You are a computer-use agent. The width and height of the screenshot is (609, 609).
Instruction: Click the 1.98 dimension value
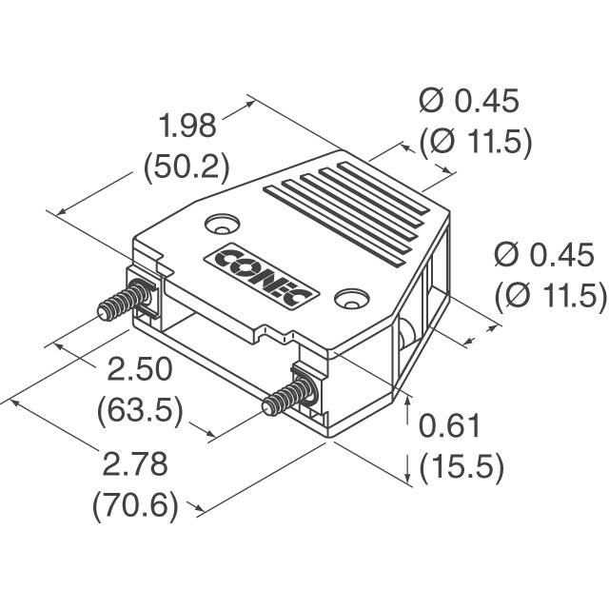point(187,126)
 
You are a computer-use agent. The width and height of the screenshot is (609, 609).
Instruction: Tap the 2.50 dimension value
point(139,368)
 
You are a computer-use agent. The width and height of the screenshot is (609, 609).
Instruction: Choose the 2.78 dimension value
point(136,464)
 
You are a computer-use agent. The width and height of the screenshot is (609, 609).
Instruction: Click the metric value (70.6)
point(135,505)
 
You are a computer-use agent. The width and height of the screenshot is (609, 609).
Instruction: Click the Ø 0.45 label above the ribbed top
point(469,101)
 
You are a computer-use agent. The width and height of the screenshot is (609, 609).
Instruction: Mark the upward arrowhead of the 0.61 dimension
point(407,399)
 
